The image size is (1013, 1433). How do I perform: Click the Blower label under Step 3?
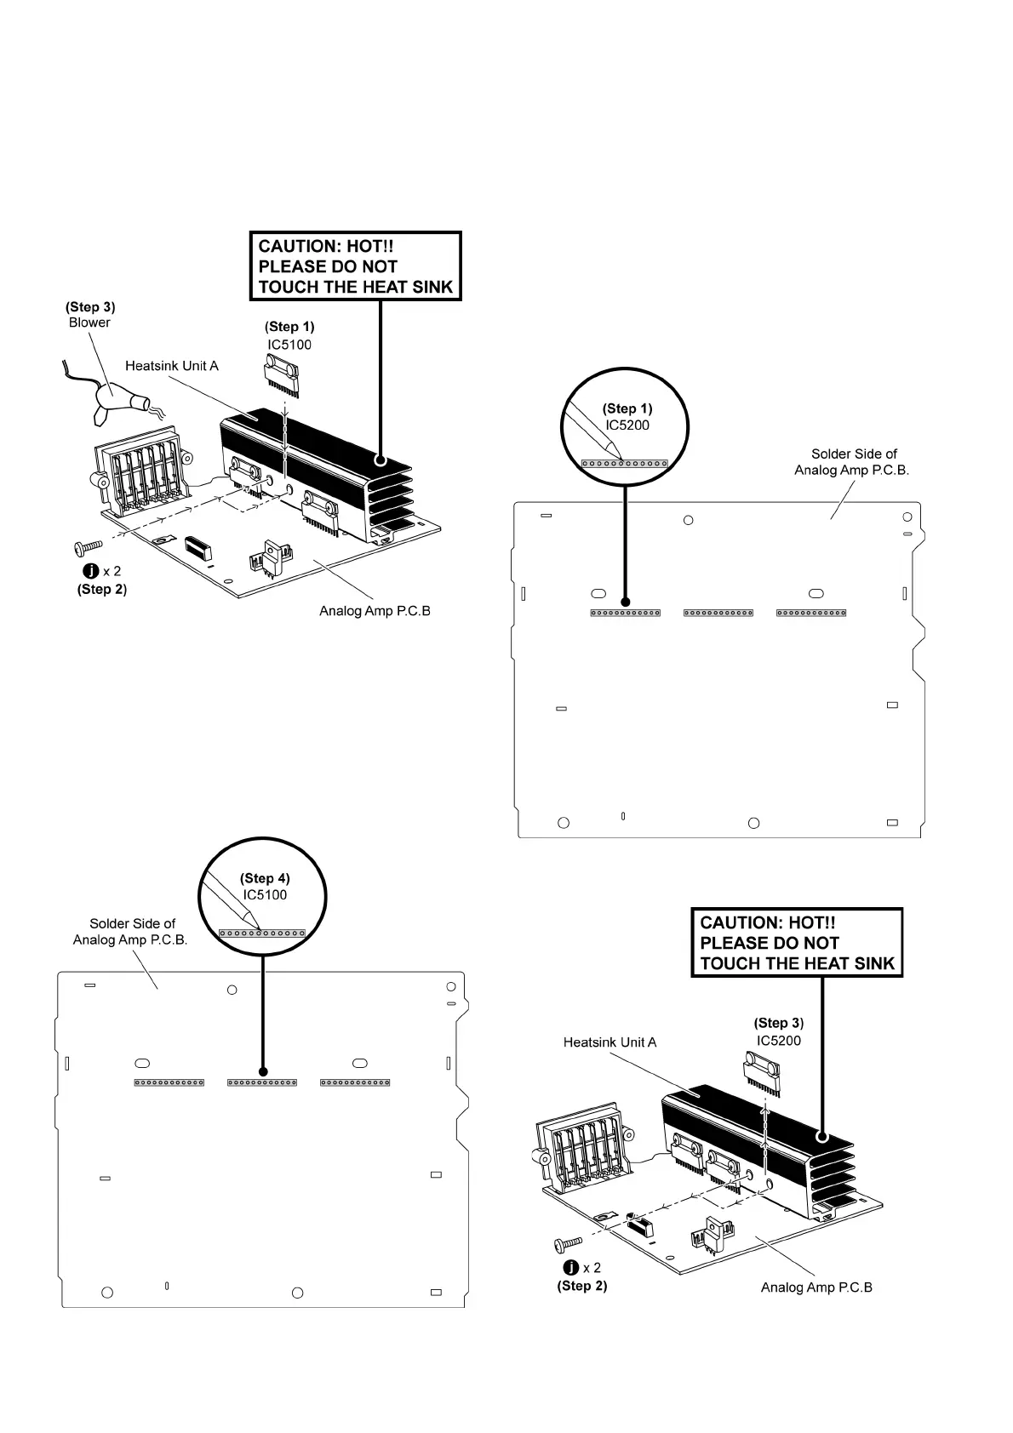[89, 323]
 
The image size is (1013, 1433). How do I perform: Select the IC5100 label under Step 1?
[289, 345]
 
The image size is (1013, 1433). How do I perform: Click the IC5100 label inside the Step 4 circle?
[265, 894]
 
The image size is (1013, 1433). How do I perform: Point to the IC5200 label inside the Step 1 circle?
[627, 425]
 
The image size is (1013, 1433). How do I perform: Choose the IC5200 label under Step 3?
[778, 1041]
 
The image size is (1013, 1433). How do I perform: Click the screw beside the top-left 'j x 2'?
[89, 545]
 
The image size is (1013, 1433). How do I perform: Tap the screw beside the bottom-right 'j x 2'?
[568, 1245]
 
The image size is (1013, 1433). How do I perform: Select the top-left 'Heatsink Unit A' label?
[172, 366]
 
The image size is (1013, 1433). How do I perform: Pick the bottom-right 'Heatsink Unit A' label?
[610, 1042]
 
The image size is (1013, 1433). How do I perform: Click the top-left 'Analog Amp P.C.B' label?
[375, 611]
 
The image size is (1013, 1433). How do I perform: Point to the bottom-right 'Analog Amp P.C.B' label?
[816, 1287]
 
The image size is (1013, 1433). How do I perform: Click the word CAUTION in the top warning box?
[299, 246]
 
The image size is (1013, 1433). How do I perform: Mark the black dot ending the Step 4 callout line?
[263, 1073]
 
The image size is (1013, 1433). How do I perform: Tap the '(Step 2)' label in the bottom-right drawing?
[582, 1286]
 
